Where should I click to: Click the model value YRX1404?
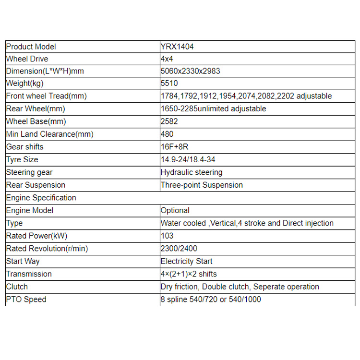tap(178, 47)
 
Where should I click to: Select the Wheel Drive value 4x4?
tap(167, 59)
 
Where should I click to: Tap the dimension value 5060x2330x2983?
tap(191, 72)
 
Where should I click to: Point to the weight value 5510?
tap(169, 84)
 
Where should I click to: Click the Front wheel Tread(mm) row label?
tap(46, 96)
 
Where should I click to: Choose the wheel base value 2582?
tap(169, 121)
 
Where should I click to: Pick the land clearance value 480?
tap(168, 134)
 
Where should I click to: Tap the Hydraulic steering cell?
tap(192, 172)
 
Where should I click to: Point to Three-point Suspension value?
tap(202, 185)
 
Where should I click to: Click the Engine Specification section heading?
tap(41, 197)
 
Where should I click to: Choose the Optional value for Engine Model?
tap(175, 210)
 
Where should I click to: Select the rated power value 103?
tap(168, 236)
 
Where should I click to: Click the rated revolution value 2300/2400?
tap(179, 249)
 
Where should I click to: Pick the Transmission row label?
tap(29, 274)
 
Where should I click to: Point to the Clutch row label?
tap(17, 287)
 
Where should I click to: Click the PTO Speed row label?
tap(26, 299)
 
